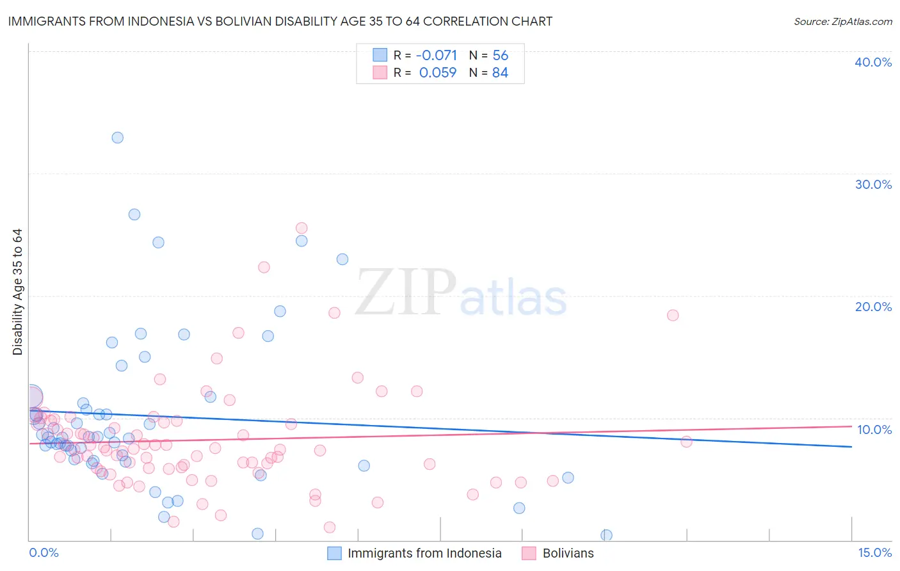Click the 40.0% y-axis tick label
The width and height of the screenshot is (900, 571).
[873, 62]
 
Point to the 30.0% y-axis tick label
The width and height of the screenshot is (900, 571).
[873, 184]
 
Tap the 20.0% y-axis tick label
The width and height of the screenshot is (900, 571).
[873, 307]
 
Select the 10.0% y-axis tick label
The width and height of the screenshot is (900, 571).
[874, 430]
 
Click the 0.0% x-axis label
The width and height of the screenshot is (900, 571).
[44, 552]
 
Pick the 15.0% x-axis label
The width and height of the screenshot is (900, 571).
[874, 552]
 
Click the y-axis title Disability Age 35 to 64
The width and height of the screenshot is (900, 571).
[17, 292]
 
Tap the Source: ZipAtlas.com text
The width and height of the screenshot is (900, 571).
[842, 21]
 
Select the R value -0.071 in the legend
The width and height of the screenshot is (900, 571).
[437, 56]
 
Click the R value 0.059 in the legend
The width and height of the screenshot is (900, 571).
[438, 73]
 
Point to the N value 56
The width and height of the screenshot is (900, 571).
[500, 56]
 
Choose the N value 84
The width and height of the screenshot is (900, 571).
[500, 73]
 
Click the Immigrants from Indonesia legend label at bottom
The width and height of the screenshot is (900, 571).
[424, 553]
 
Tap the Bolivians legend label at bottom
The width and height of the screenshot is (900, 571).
[568, 553]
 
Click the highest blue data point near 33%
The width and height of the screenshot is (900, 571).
[117, 138]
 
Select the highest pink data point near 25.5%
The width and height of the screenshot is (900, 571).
[301, 228]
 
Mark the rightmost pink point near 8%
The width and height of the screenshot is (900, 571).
[686, 442]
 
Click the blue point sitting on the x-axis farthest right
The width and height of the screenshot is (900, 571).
[606, 535]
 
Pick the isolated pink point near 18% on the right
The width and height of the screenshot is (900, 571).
[673, 315]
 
